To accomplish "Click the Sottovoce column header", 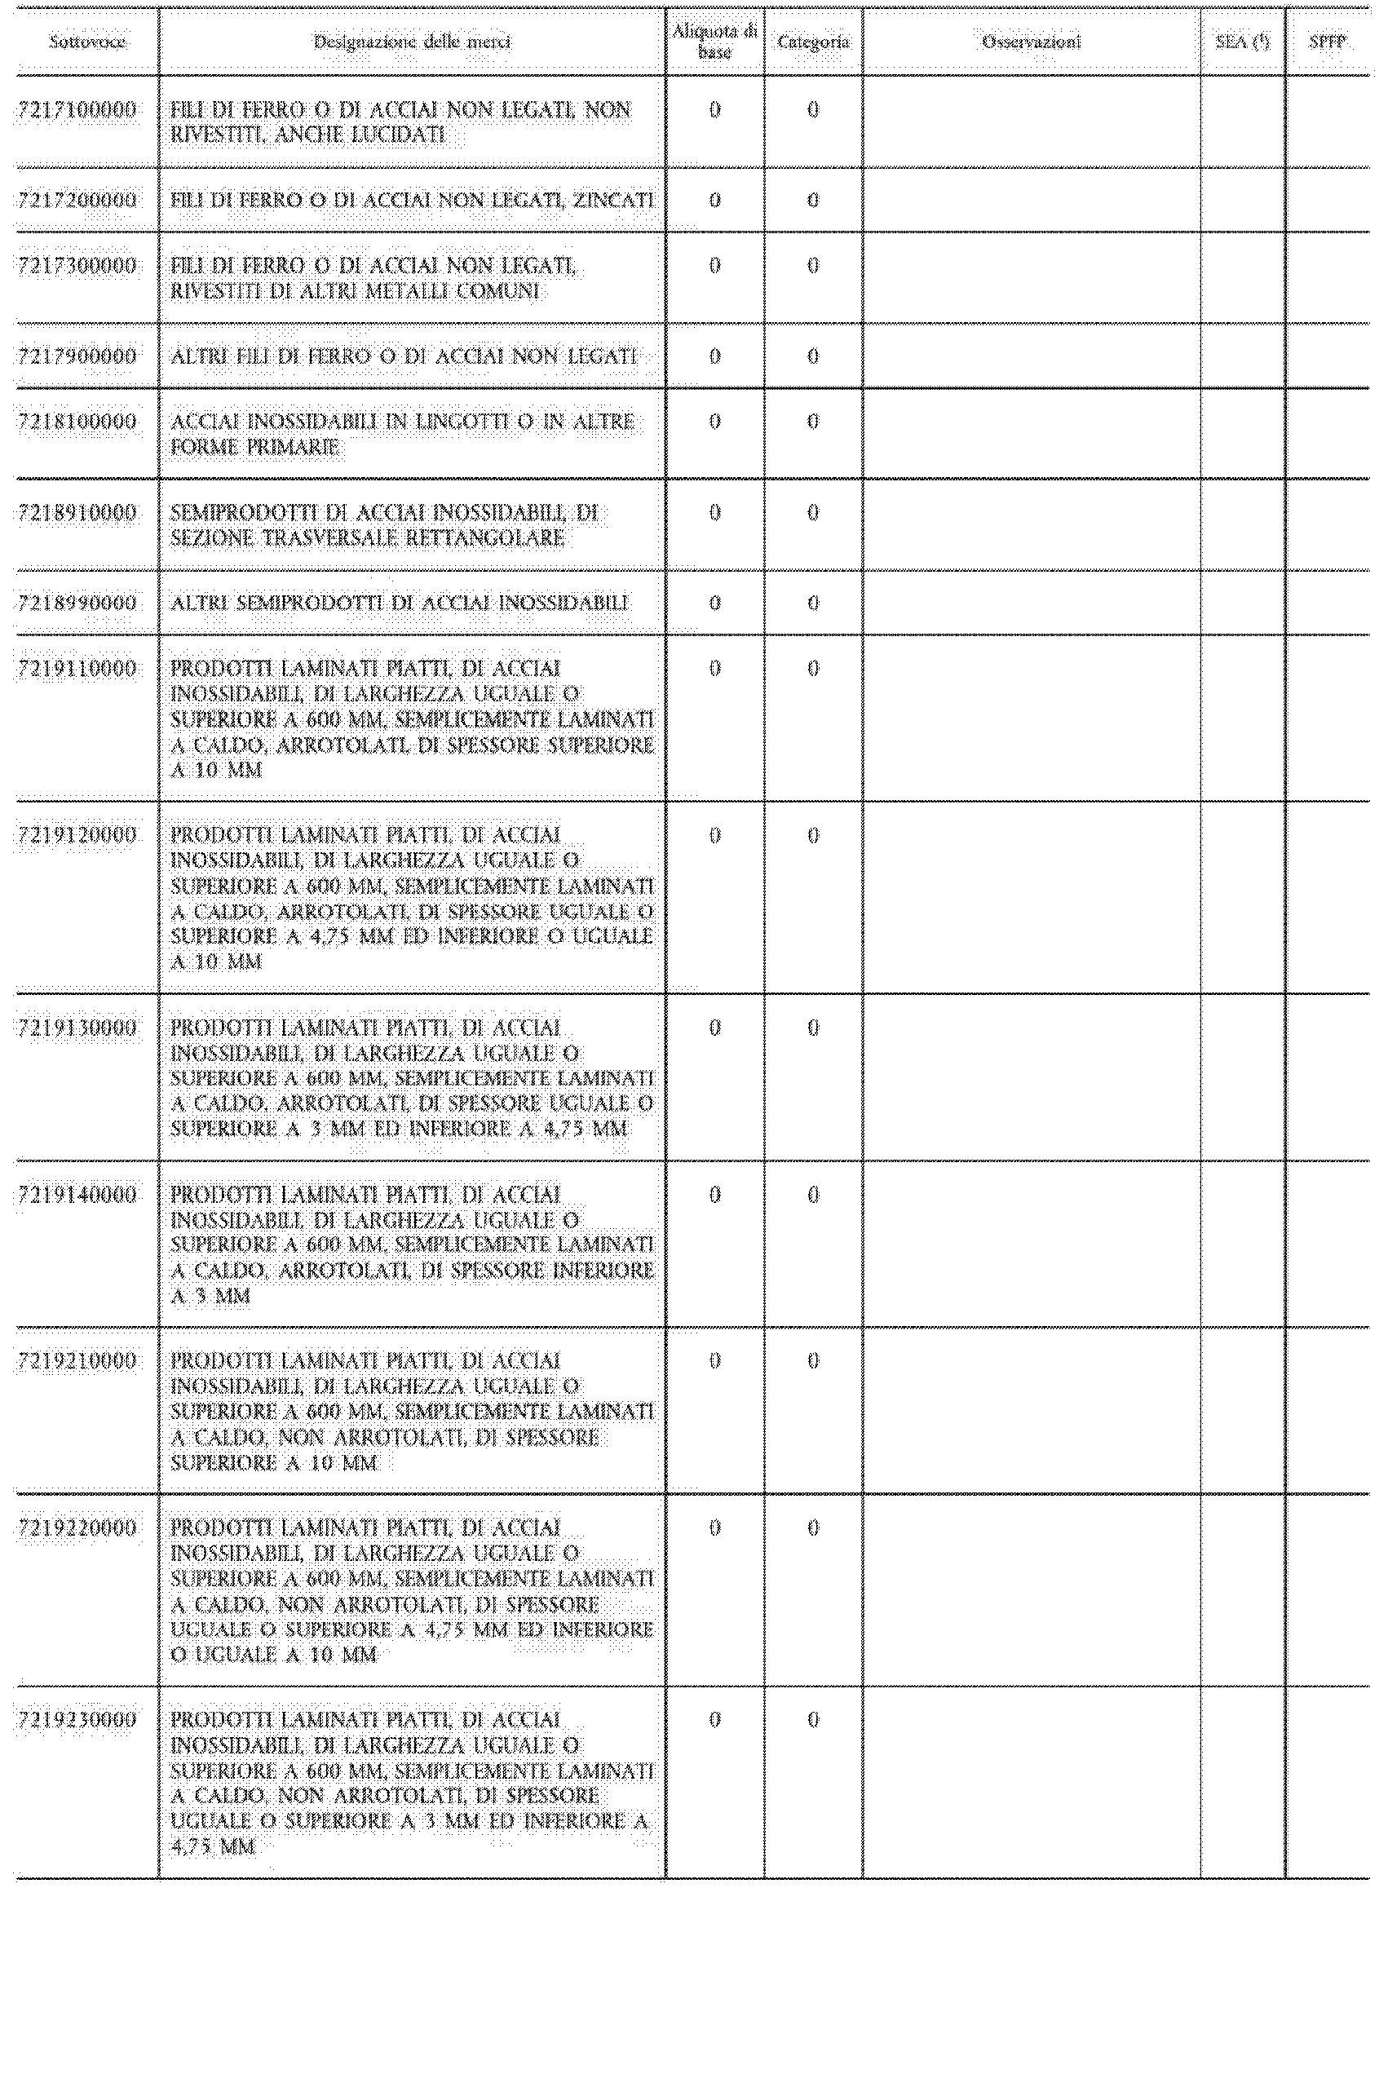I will point(86,42).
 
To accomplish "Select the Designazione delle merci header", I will point(412,42).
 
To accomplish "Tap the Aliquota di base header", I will point(714,42).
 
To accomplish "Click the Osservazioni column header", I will point(1032,42).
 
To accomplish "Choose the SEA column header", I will point(1242,42).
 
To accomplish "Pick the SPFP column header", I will point(1327,42).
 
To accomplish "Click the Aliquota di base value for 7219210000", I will point(714,1360).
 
